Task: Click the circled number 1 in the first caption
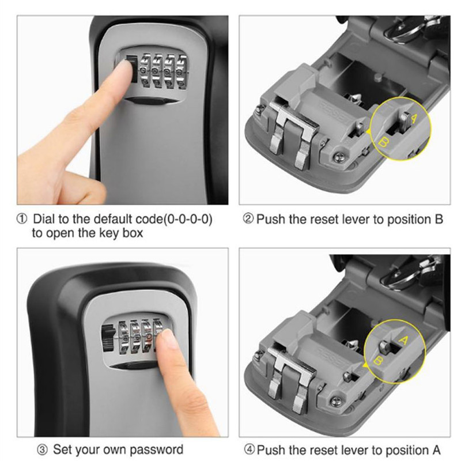coord(21,220)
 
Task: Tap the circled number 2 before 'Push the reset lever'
coord(248,220)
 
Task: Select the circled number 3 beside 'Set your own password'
coord(41,449)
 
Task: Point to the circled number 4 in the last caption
coord(248,449)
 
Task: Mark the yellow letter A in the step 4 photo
coord(403,340)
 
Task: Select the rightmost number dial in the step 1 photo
coord(183,70)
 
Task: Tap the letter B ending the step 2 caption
coord(439,220)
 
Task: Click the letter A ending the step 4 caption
coord(437,449)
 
